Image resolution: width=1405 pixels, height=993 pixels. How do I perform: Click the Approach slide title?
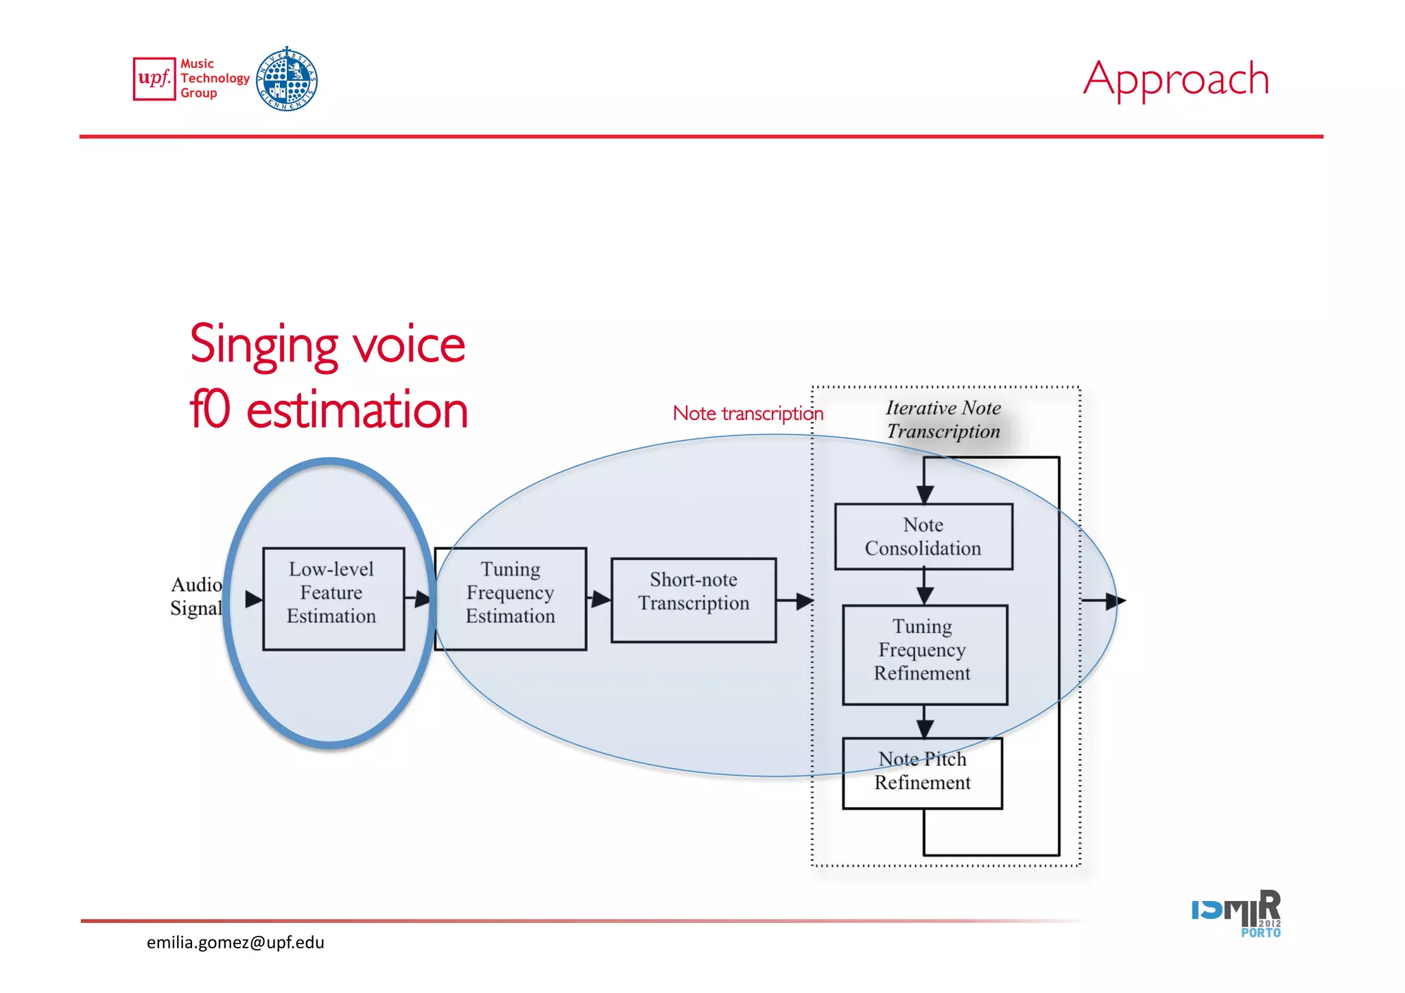(x=1176, y=79)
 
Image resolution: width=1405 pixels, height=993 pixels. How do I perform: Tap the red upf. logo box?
(x=154, y=79)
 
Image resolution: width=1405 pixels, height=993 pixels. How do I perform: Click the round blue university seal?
(x=287, y=79)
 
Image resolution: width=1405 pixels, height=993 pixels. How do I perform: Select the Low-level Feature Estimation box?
(x=333, y=598)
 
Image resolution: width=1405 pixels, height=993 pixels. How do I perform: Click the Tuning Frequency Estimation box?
(x=510, y=598)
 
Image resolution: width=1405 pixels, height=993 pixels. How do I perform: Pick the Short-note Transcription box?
(x=694, y=600)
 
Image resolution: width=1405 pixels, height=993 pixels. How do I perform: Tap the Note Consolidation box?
(x=923, y=537)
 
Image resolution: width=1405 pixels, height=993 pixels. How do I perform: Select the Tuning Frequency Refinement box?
(x=924, y=654)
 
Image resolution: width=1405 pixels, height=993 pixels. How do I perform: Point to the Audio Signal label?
(x=196, y=596)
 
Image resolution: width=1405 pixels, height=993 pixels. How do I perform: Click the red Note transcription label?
(x=748, y=413)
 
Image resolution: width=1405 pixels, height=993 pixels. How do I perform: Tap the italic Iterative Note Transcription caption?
(x=943, y=419)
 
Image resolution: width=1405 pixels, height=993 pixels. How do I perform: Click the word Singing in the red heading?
(x=264, y=345)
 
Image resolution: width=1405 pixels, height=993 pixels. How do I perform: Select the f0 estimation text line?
(x=329, y=410)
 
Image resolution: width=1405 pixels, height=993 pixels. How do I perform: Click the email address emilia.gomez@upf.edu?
(x=235, y=942)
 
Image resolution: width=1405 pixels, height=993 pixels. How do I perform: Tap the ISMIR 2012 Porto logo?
(x=1236, y=913)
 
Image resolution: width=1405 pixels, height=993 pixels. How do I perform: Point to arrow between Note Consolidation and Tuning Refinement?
(x=925, y=587)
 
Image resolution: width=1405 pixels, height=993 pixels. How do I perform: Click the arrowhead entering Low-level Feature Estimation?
(x=253, y=599)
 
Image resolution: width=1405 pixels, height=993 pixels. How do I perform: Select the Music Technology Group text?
(x=214, y=78)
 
